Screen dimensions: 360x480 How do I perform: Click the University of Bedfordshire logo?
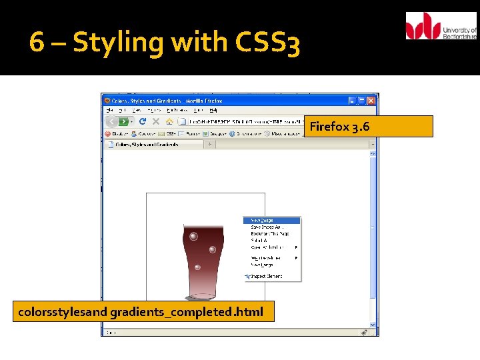(441, 26)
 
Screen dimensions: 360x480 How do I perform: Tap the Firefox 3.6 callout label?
(371, 126)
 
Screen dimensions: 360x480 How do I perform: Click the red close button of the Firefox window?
(371, 101)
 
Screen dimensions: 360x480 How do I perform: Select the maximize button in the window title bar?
(362, 101)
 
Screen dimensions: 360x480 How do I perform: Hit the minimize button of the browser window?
(353, 101)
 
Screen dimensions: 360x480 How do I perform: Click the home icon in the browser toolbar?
(169, 121)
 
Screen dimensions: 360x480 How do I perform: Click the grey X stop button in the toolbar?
(156, 121)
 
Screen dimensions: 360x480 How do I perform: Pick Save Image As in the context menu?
(267, 227)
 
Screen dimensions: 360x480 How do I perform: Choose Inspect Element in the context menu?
(267, 276)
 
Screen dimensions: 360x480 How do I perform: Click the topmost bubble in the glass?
(193, 237)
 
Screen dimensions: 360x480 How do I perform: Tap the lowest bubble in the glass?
(197, 268)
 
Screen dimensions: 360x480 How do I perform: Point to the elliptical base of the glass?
(202, 296)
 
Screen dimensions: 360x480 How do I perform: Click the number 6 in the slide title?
(37, 43)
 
